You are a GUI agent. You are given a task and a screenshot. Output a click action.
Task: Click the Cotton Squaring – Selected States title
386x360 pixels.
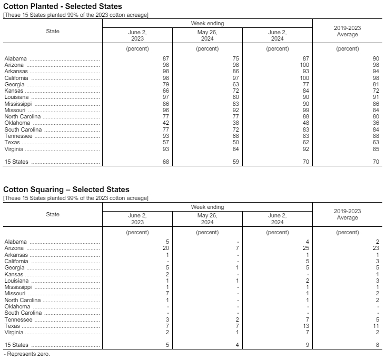[66, 189]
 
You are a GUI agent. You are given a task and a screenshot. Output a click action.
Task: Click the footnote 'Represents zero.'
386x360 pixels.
[26, 354]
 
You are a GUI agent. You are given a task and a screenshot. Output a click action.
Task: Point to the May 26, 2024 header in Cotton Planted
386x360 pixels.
[207, 35]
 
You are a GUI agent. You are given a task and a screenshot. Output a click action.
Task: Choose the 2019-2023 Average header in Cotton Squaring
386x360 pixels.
[347, 214]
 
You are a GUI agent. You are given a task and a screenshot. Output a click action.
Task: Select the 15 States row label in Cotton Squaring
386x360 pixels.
[16, 345]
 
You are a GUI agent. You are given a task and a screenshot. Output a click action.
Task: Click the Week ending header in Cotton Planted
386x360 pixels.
[207, 24]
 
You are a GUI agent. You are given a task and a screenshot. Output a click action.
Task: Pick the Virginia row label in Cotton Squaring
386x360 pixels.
[14, 333]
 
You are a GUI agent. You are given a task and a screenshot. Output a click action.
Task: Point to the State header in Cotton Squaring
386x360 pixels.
[53, 214]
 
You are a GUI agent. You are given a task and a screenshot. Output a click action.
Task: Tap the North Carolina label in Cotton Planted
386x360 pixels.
[23, 117]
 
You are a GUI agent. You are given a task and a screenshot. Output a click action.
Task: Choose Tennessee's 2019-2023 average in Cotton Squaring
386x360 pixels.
[377, 319]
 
